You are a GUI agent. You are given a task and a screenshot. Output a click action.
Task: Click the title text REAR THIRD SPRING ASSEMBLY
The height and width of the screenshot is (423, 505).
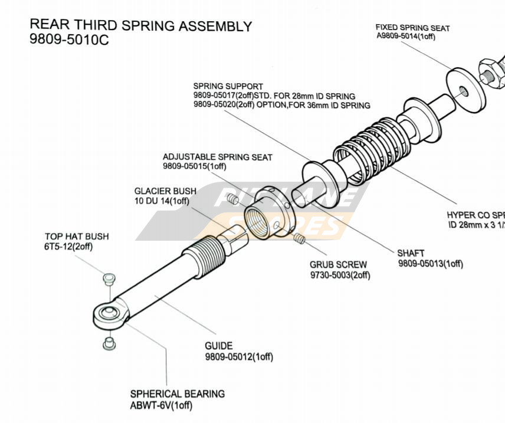[140, 26]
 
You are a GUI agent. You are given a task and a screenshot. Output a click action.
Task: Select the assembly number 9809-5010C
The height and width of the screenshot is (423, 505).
[69, 41]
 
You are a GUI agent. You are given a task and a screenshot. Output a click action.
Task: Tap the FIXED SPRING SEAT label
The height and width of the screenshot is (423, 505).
[412, 28]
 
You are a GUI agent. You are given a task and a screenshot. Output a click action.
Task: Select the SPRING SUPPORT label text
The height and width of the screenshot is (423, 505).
[228, 87]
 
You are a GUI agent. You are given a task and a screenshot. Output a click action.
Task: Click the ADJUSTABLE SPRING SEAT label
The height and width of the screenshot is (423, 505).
[217, 157]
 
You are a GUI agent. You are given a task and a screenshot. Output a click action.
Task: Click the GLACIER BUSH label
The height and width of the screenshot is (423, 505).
[161, 191]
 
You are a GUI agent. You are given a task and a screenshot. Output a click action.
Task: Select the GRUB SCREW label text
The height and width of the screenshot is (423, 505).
[338, 265]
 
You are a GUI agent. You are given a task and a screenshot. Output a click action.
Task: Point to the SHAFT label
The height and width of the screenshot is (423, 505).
[411, 253]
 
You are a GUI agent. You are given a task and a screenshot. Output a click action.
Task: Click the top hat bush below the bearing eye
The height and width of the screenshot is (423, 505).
[107, 342]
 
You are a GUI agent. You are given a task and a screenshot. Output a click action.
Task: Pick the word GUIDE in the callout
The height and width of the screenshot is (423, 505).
[218, 346]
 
